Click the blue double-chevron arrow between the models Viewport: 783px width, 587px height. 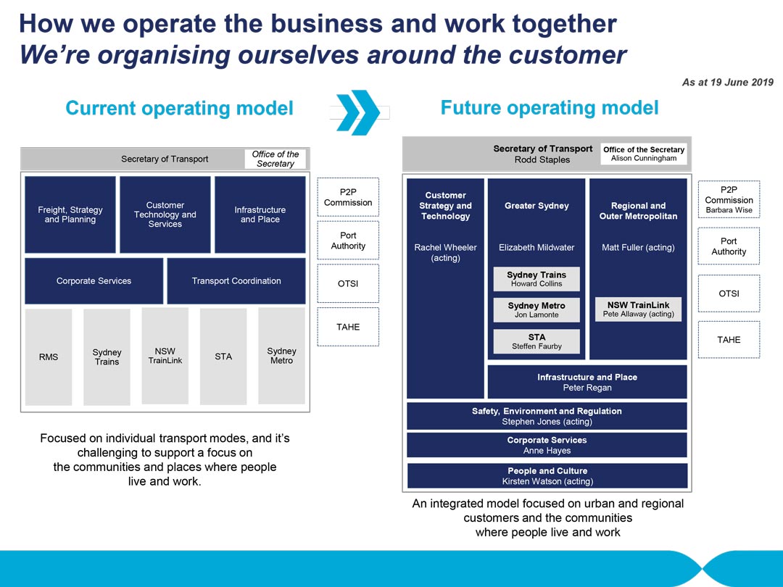(358, 112)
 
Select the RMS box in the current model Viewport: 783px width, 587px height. (49, 357)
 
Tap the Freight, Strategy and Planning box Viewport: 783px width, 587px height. (70, 215)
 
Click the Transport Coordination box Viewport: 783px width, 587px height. (236, 281)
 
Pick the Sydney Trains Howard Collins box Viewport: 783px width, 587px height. (536, 279)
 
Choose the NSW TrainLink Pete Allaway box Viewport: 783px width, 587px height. (638, 309)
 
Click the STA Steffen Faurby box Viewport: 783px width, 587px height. (536, 341)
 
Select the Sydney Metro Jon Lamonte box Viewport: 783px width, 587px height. (536, 310)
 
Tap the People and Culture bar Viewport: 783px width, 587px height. (547, 475)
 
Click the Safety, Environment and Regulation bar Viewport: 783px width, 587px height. (547, 416)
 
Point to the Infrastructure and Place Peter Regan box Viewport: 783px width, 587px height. (587, 383)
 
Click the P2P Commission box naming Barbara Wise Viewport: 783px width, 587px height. (729, 200)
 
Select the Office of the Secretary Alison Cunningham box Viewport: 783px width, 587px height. (644, 154)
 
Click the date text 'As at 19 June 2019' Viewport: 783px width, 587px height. (728, 83)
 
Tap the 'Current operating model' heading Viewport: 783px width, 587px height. (179, 108)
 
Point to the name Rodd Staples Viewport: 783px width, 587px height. (542, 159)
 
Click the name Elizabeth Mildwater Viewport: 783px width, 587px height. (536, 248)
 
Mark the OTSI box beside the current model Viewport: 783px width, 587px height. (348, 283)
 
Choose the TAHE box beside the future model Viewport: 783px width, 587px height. (729, 340)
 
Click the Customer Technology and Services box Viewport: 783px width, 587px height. (165, 215)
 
